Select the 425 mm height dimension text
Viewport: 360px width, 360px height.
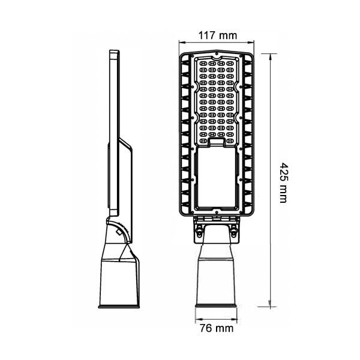point(283,182)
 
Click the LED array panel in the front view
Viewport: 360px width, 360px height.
point(217,99)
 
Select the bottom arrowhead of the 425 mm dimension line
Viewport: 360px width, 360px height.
point(272,304)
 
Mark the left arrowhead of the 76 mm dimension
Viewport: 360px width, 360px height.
point(196,319)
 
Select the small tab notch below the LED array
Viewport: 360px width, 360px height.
point(217,142)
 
